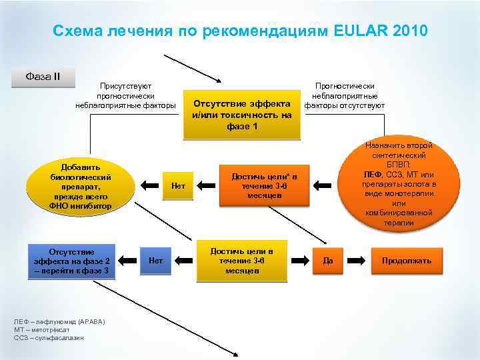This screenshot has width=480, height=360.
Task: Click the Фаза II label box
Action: click(43, 76)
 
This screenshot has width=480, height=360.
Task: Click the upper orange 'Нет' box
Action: click(178, 186)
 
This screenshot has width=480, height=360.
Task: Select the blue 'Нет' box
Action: click(156, 259)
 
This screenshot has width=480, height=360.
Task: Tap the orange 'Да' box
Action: click(328, 260)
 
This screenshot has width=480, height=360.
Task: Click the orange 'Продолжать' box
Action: click(406, 260)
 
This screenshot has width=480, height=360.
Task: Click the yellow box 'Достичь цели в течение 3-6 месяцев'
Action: click(241, 260)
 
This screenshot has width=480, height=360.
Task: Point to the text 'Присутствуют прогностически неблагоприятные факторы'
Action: click(126, 95)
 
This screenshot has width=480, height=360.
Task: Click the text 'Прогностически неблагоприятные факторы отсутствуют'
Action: click(344, 95)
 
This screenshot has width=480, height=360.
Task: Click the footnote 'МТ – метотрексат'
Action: click(41, 329)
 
